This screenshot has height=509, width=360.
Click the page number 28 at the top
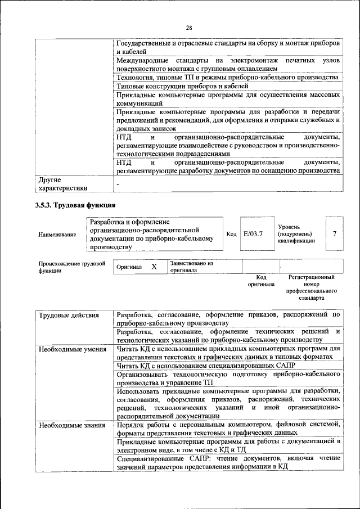[x=189, y=28]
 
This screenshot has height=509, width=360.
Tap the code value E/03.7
[x=254, y=233]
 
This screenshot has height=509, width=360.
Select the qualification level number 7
[x=335, y=233]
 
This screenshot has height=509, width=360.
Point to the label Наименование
[x=57, y=234]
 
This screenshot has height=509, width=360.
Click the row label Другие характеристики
[x=61, y=184]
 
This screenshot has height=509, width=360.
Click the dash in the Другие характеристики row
[x=118, y=184]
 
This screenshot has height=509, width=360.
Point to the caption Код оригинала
[x=261, y=281]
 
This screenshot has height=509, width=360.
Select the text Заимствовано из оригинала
[x=192, y=266]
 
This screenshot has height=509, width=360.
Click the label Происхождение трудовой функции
[x=72, y=266]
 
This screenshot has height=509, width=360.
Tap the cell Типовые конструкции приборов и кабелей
[x=182, y=86]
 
